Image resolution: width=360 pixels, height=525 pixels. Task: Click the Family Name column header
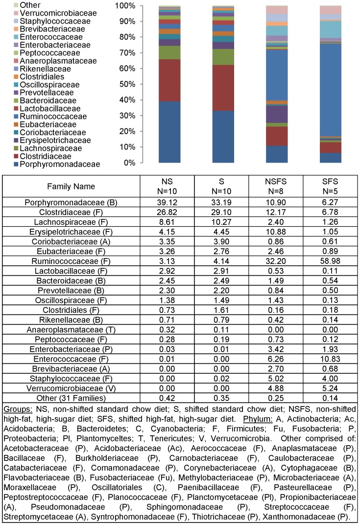pos(68,187)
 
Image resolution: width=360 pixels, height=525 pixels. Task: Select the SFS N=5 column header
pos(330,187)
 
